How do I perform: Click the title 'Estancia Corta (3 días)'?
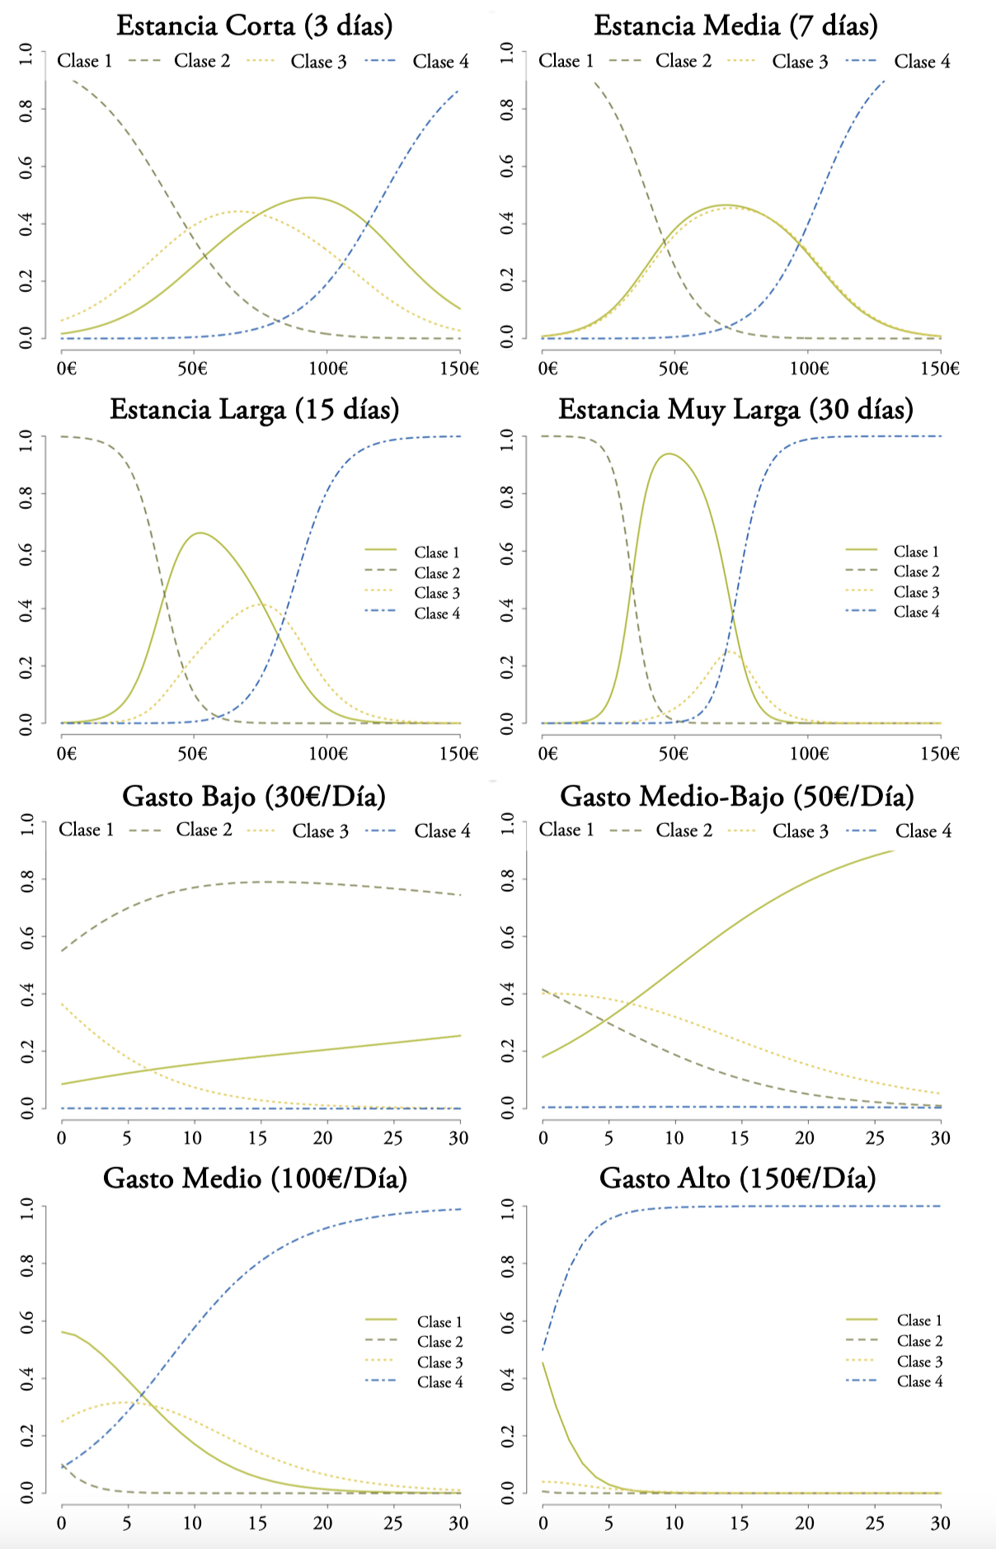[x=254, y=26]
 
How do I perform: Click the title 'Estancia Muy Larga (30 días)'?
[x=735, y=409]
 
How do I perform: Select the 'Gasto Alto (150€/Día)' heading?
[x=737, y=1178]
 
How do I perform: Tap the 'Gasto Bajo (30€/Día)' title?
[x=254, y=796]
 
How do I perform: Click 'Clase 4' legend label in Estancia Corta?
[x=440, y=61]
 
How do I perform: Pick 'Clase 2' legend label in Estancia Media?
[x=683, y=61]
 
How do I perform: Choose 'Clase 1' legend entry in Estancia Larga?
[x=436, y=553]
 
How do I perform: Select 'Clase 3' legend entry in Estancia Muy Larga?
[x=916, y=592]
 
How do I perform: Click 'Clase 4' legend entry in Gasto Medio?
[x=439, y=1382]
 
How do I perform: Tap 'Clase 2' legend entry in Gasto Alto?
[x=919, y=1341]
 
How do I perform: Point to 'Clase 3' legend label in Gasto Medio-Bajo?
[x=800, y=831]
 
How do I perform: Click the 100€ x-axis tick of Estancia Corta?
[x=328, y=368]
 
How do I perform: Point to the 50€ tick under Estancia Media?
[x=673, y=368]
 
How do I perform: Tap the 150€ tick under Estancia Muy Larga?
[x=940, y=753]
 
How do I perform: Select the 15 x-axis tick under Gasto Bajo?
[x=258, y=1138]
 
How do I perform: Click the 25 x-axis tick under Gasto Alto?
[x=875, y=1523]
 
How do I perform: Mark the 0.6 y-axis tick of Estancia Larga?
[x=27, y=551]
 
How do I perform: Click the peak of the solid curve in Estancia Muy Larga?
[x=669, y=454]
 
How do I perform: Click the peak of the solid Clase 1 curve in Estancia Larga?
[x=200, y=533]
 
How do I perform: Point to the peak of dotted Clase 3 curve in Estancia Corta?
[x=237, y=211]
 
